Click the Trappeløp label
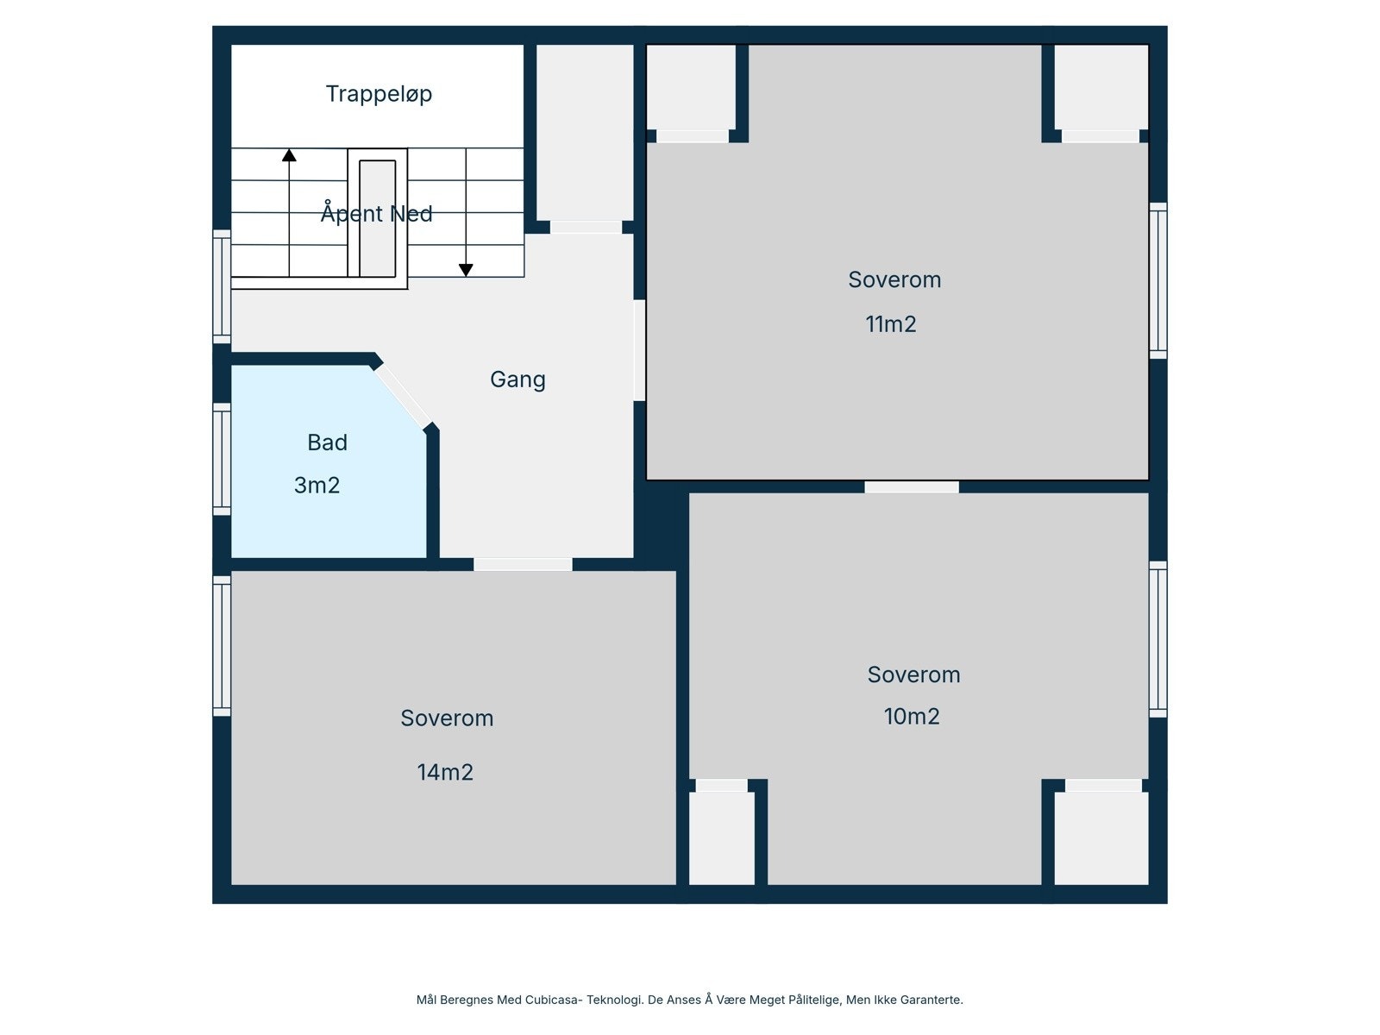tap(379, 94)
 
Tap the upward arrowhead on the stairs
tap(289, 155)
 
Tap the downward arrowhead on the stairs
tap(466, 270)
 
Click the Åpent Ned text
tap(376, 213)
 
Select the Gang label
tap(517, 379)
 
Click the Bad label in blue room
tap(327, 442)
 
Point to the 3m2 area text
tap(317, 486)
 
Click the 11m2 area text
tap(890, 324)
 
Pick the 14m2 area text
tap(445, 773)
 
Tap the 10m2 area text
tap(912, 717)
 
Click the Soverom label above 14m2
tap(447, 718)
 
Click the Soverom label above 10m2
tap(913, 674)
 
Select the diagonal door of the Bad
tap(403, 396)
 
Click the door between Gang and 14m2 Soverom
tap(523, 564)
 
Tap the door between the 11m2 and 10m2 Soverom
tap(912, 487)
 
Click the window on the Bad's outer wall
tap(222, 459)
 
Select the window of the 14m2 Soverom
tap(222, 645)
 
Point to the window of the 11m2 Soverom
tap(1158, 280)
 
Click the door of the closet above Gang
tap(586, 228)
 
